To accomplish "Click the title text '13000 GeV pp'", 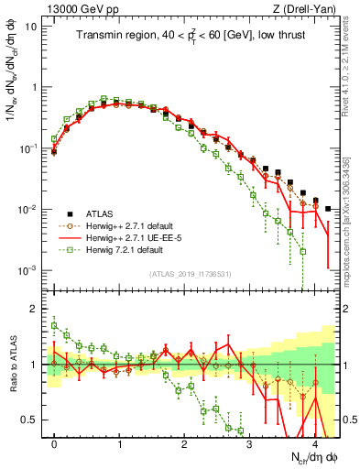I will [74, 8].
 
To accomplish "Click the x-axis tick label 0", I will [54, 442].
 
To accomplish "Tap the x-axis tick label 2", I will [184, 442].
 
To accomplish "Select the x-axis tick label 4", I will [314, 442].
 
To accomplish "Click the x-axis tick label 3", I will [249, 442].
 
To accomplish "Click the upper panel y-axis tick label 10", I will [29, 26].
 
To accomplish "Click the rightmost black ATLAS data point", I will [328, 209].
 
